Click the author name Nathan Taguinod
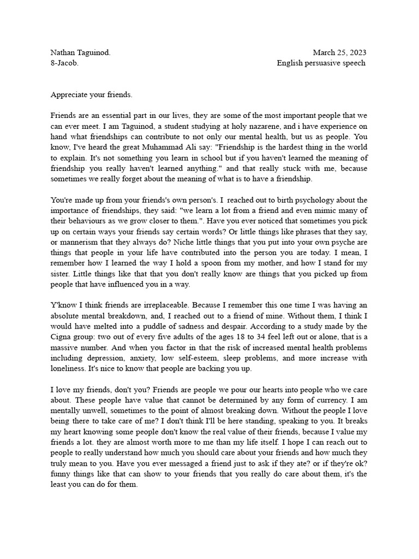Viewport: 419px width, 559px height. coord(80,52)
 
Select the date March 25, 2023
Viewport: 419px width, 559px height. coord(339,52)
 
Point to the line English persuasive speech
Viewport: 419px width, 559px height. coord(321,63)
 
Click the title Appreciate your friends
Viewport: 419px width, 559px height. coord(91,94)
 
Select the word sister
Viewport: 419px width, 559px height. coord(62,273)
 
